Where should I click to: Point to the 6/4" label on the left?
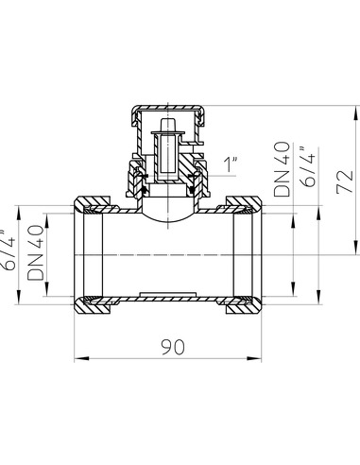tap(9, 253)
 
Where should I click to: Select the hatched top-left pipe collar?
tap(93, 203)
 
